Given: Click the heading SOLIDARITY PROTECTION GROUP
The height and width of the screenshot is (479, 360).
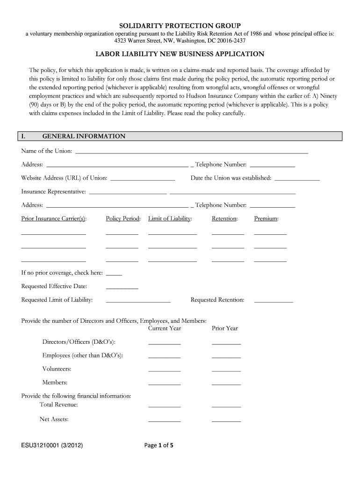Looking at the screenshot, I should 180,25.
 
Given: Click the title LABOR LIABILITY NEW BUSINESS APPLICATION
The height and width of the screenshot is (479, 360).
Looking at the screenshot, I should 180,55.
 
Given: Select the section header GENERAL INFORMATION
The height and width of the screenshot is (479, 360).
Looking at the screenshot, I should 84,137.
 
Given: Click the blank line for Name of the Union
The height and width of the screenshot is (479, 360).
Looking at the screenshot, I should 191,151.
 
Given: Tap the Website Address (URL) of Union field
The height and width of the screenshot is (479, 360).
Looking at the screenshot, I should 143,178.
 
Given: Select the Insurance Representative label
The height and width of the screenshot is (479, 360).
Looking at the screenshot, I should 53,192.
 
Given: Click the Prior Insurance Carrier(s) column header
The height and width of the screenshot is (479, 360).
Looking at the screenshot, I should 54,219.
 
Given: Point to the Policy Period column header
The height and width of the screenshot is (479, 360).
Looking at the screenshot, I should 123,219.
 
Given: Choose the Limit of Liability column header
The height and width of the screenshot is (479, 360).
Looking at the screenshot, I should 170,219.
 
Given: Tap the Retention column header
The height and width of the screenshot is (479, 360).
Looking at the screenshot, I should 224,219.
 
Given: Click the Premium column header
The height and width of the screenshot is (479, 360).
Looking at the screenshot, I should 266,219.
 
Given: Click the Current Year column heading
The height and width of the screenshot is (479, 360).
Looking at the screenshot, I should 164,328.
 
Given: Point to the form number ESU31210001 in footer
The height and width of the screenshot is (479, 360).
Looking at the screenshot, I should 52,446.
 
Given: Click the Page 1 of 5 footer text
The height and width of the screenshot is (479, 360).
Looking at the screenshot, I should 159,446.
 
